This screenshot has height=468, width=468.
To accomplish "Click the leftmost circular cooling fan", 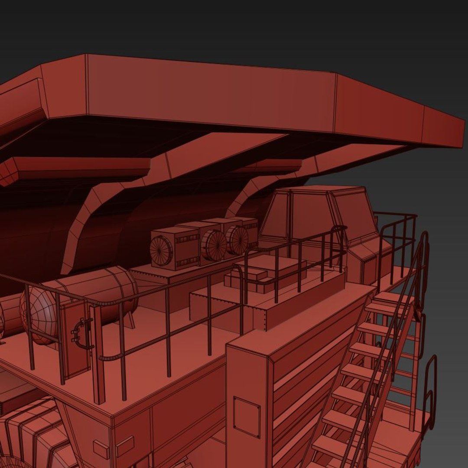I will (x=161, y=251).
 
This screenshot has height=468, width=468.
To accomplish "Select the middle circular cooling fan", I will (x=214, y=245).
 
